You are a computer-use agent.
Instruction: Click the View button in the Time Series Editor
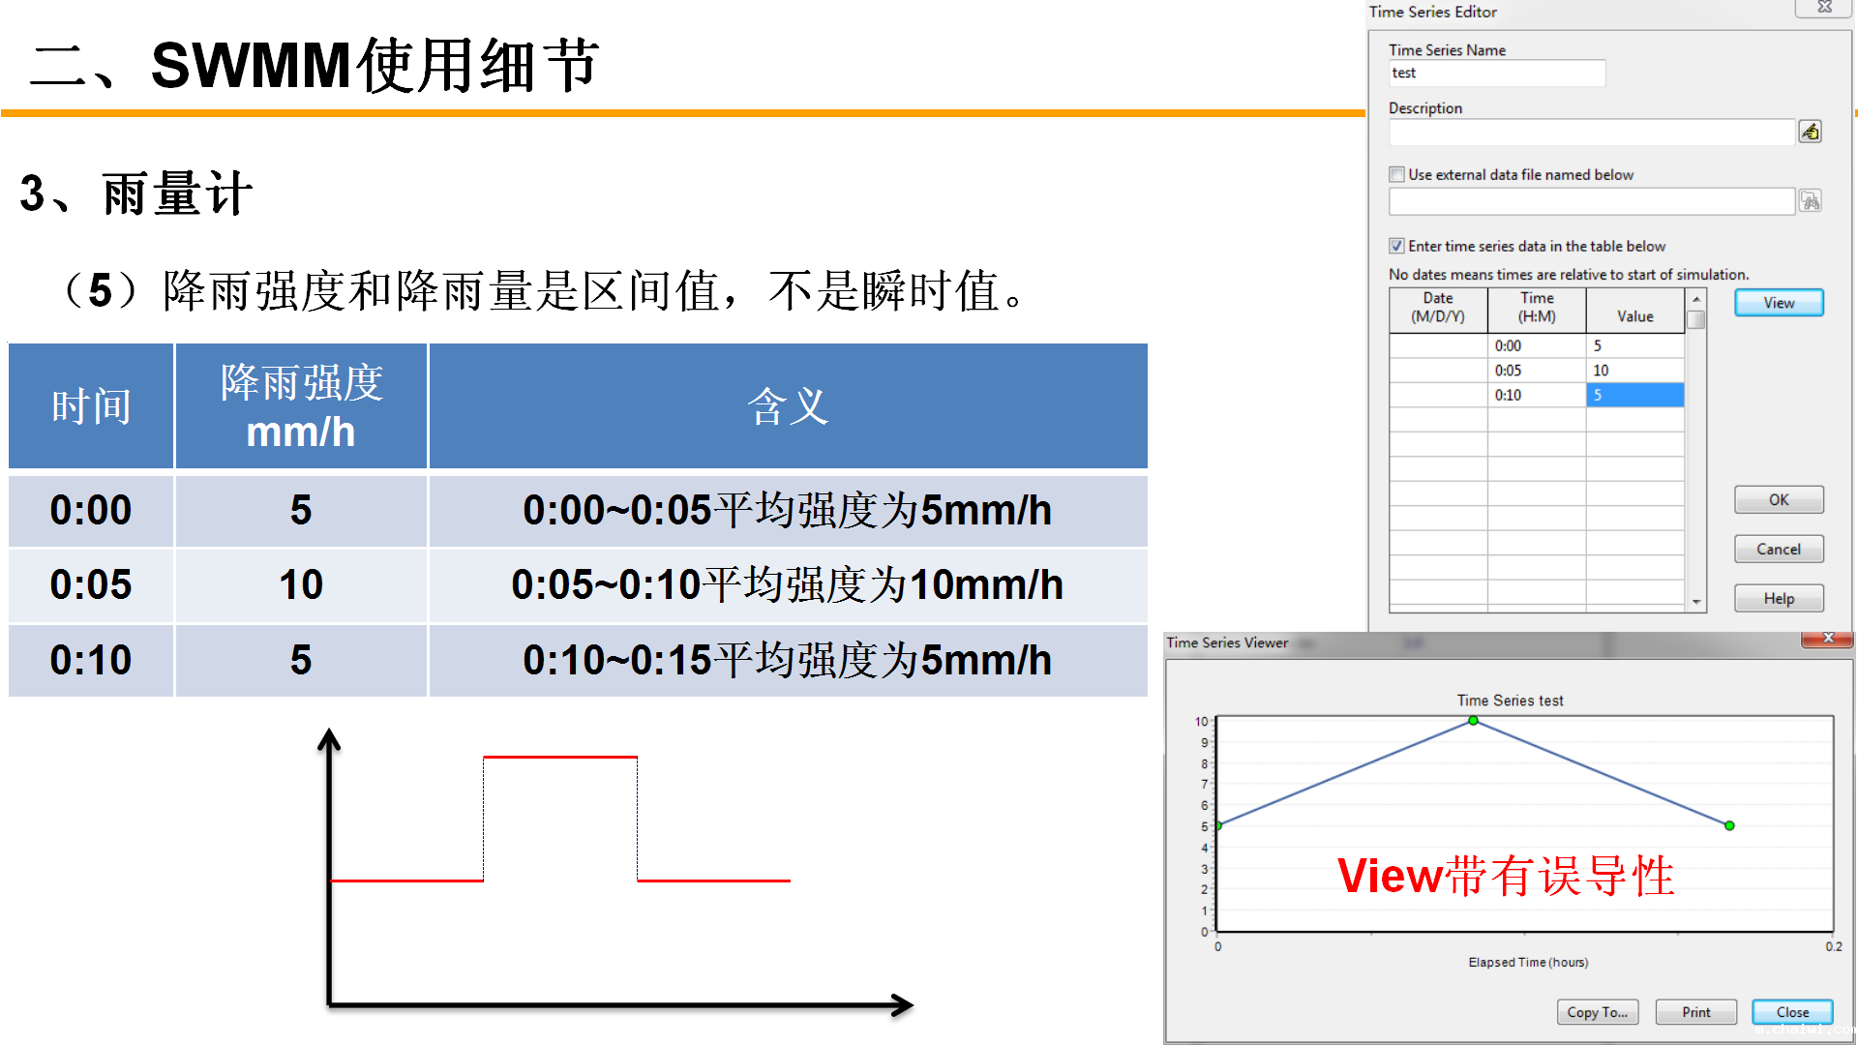[1779, 303]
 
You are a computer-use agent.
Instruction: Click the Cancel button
[1779, 549]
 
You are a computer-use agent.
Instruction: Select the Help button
[1779, 598]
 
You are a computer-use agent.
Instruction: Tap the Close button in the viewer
[1792, 1012]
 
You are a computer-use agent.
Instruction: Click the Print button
[1695, 1012]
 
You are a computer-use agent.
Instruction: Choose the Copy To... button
[1598, 1012]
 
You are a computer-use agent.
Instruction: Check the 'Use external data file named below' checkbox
[1396, 174]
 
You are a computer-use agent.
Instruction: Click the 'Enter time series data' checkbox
[1396, 246]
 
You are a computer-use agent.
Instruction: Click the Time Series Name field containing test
[1497, 74]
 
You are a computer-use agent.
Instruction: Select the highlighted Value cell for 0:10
[1634, 395]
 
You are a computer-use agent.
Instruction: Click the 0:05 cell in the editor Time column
[1537, 371]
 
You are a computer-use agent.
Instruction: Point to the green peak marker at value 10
[1473, 721]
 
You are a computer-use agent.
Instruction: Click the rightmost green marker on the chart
[1729, 825]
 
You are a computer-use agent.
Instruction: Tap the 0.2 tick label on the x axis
[1834, 946]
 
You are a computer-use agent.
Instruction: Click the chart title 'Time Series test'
[1510, 701]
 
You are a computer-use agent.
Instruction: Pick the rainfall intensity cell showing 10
[301, 584]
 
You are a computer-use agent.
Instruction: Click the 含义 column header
[788, 406]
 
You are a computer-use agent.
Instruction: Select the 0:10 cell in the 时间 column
[91, 660]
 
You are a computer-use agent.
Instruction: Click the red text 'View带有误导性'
[1506, 876]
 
